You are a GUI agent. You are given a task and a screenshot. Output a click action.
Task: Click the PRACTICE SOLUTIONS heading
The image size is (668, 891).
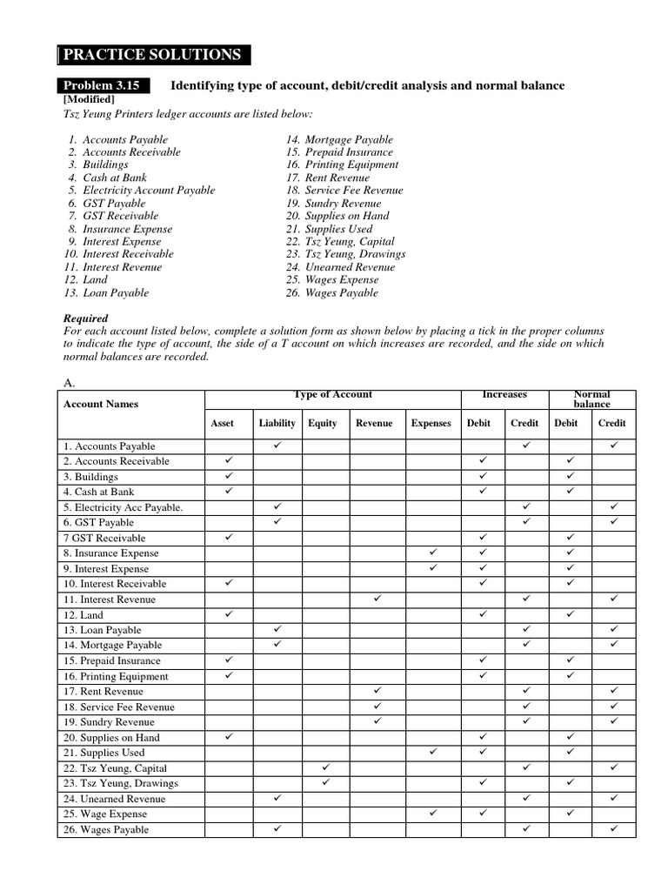coord(152,55)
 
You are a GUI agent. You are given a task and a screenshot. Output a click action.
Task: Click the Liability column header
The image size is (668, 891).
coord(277,424)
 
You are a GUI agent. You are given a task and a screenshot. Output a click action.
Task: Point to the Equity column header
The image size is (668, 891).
coord(323,424)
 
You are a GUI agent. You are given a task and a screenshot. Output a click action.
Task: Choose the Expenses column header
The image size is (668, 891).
coord(431,424)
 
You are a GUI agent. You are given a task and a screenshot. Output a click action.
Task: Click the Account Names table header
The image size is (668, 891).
coord(101,404)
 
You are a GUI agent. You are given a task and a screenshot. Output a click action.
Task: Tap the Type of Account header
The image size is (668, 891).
coord(333,395)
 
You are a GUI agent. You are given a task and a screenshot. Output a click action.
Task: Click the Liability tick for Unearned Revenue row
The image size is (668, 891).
coord(277,798)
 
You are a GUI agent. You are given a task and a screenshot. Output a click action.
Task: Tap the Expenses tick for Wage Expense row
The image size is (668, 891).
coord(431,813)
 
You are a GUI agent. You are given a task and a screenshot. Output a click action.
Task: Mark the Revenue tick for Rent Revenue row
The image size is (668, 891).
coord(377,690)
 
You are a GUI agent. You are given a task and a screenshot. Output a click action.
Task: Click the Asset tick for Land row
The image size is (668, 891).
coord(229,613)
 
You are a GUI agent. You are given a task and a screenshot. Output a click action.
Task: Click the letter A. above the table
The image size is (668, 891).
coord(70,381)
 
